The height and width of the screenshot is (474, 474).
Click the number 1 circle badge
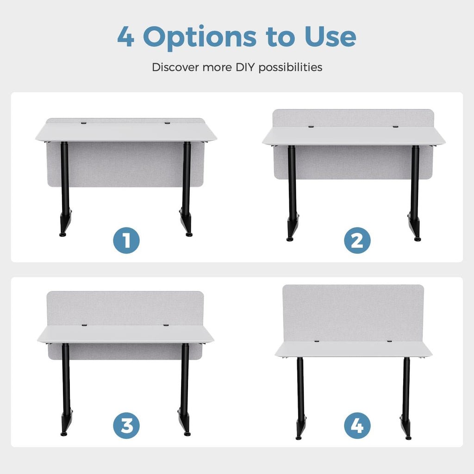126,240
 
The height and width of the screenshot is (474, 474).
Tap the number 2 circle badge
357,240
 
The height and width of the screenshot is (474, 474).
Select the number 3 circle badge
126,426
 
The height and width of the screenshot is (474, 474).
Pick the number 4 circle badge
357,426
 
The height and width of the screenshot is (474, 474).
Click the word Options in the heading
200,38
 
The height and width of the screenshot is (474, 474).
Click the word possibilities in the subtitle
290,68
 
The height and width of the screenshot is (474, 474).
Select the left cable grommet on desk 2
311,126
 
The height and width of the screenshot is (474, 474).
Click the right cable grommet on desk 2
395,126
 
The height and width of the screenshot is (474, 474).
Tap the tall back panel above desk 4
353,313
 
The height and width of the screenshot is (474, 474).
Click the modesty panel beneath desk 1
125,164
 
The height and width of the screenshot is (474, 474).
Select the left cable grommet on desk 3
84,325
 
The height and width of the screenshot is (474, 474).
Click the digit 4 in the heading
126,37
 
